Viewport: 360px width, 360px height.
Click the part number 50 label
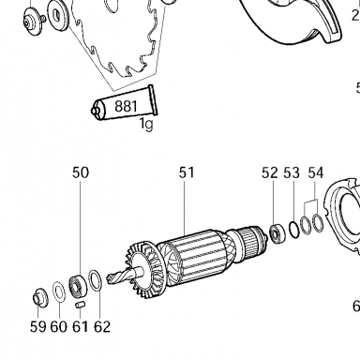pos(81,172)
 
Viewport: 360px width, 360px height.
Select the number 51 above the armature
pos(187,172)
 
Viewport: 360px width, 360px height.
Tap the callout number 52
pos(270,172)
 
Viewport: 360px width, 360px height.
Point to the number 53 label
pos(292,172)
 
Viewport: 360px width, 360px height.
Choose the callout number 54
pos(316,172)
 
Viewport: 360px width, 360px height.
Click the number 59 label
pos(38,326)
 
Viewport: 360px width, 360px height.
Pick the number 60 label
pos(59,326)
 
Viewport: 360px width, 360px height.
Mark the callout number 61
pos(81,326)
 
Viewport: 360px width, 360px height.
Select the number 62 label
pos(102,326)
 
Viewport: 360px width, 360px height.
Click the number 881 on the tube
pos(126,107)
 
